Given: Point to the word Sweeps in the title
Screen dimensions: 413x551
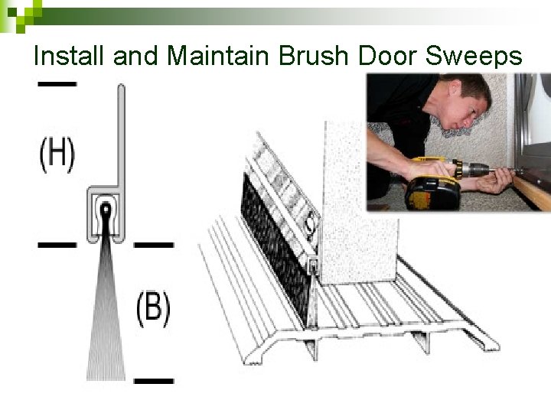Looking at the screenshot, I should click(481, 56).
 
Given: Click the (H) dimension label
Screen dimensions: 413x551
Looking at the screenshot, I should click(57, 154).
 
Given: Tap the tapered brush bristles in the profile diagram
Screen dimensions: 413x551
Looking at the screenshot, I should click(106, 321).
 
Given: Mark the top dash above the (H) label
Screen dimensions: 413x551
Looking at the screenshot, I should click(57, 83).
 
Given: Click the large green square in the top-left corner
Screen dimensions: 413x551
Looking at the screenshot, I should click(8, 8).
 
